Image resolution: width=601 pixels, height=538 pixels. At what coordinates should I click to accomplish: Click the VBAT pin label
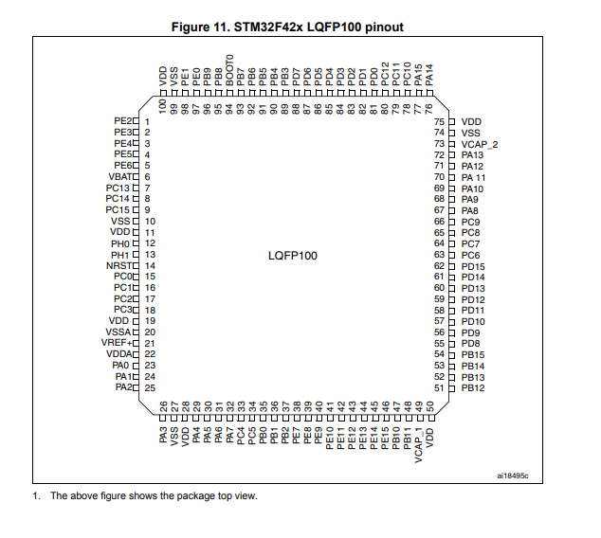[x=122, y=176]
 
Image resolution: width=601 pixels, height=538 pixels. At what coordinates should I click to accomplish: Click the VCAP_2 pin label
[x=480, y=144]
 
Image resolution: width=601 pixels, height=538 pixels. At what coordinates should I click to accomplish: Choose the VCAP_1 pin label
[x=418, y=440]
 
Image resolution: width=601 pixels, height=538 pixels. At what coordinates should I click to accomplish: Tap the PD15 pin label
[x=473, y=266]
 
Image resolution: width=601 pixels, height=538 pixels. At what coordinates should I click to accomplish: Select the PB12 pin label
[x=473, y=387]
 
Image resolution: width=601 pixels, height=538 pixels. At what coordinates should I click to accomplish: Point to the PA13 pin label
[x=473, y=154]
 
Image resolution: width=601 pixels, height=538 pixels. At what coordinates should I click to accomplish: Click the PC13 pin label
[x=121, y=188]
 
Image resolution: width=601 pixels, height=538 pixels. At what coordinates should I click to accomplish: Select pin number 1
[x=148, y=122]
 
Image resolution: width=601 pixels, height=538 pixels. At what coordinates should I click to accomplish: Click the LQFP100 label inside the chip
[x=294, y=256]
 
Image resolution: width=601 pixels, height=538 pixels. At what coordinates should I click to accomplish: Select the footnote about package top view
[x=153, y=495]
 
